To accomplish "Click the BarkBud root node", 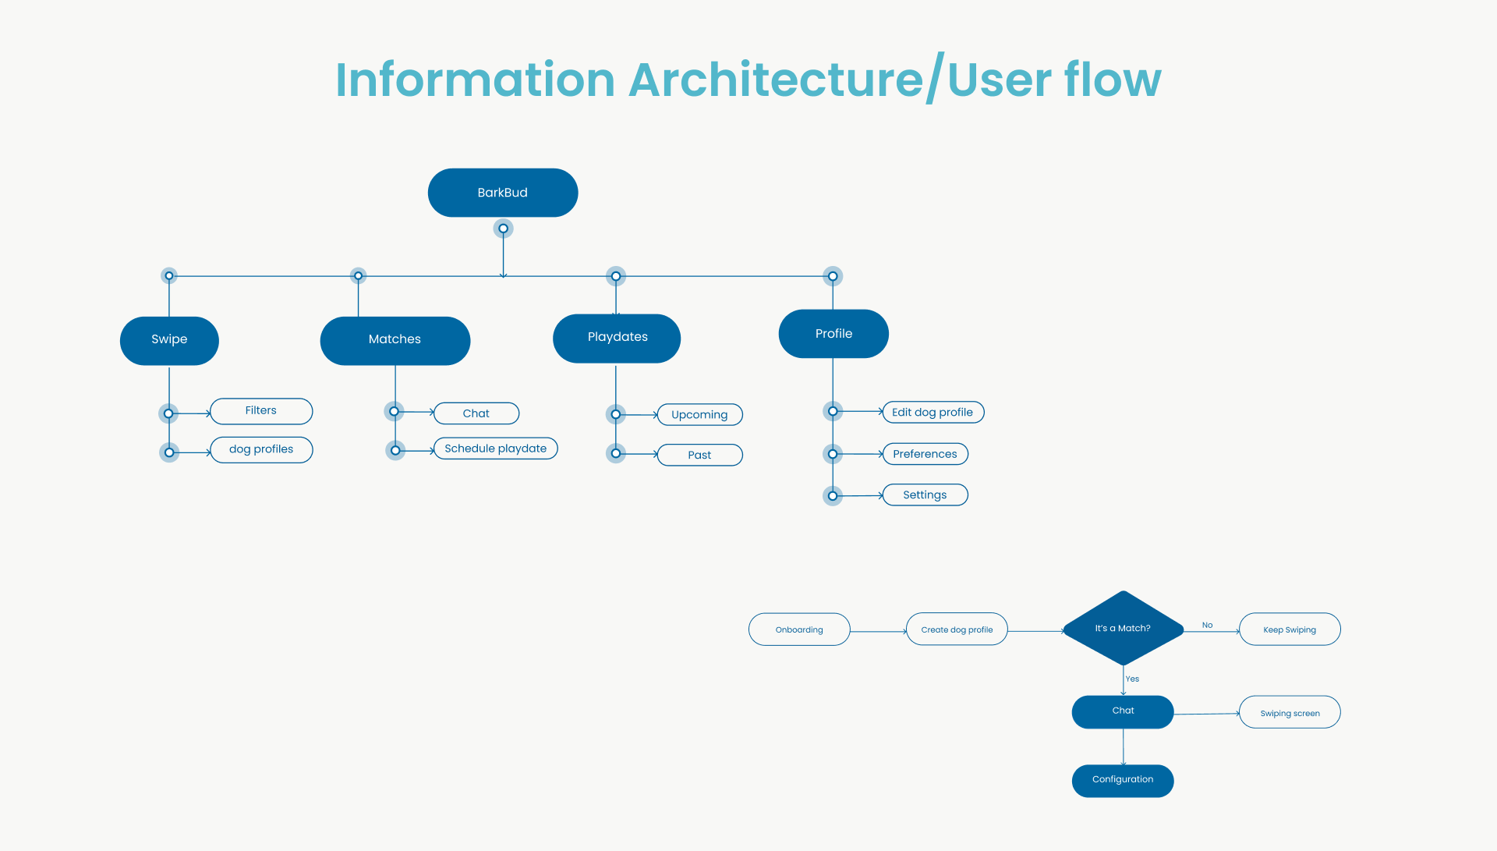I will tap(503, 193).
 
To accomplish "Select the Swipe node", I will tap(169, 340).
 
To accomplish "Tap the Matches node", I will tap(395, 340).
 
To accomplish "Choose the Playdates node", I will tap(617, 338).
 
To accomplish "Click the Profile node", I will tap(833, 334).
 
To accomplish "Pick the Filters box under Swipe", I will tap(261, 411).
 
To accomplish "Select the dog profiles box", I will tap(261, 450).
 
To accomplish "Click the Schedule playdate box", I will tap(495, 449).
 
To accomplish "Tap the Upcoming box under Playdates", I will tap(699, 415).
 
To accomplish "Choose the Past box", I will tap(699, 456).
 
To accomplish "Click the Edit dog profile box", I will tap(933, 413).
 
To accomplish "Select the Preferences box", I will tap(925, 454).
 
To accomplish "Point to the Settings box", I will tap(925, 495).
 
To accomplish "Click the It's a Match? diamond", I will tap(1123, 629).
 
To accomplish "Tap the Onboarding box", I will tap(799, 629).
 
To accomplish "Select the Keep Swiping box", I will tap(1290, 629).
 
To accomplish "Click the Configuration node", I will tap(1123, 780).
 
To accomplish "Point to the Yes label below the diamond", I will tap(1133, 679).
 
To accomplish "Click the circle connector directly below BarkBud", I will tap(503, 229).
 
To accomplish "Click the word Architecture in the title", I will tap(776, 80).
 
